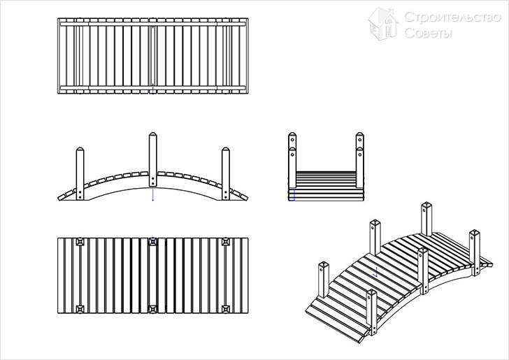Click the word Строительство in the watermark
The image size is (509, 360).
[x=453, y=17]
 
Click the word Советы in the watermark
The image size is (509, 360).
[x=428, y=33]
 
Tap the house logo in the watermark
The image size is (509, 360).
[x=383, y=24]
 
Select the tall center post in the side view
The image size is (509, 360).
[x=152, y=159]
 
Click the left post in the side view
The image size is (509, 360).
[x=80, y=173]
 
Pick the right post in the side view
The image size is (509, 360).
[x=226, y=173]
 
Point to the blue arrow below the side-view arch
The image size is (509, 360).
[x=153, y=194]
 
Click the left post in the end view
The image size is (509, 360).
[x=292, y=160]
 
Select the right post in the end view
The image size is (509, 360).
[x=359, y=160]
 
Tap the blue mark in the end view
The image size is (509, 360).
[x=294, y=195]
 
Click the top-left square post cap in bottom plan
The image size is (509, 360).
[x=80, y=242]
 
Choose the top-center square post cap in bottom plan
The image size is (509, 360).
[x=152, y=242]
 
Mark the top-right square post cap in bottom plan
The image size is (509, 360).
[x=226, y=242]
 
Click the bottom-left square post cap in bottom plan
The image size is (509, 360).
[x=80, y=309]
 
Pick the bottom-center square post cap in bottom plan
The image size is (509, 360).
[x=152, y=309]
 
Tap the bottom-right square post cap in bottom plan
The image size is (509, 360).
[x=226, y=309]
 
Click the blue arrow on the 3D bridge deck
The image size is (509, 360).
[x=376, y=272]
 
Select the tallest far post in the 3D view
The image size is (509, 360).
[x=426, y=219]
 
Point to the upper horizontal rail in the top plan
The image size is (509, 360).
[x=152, y=24]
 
